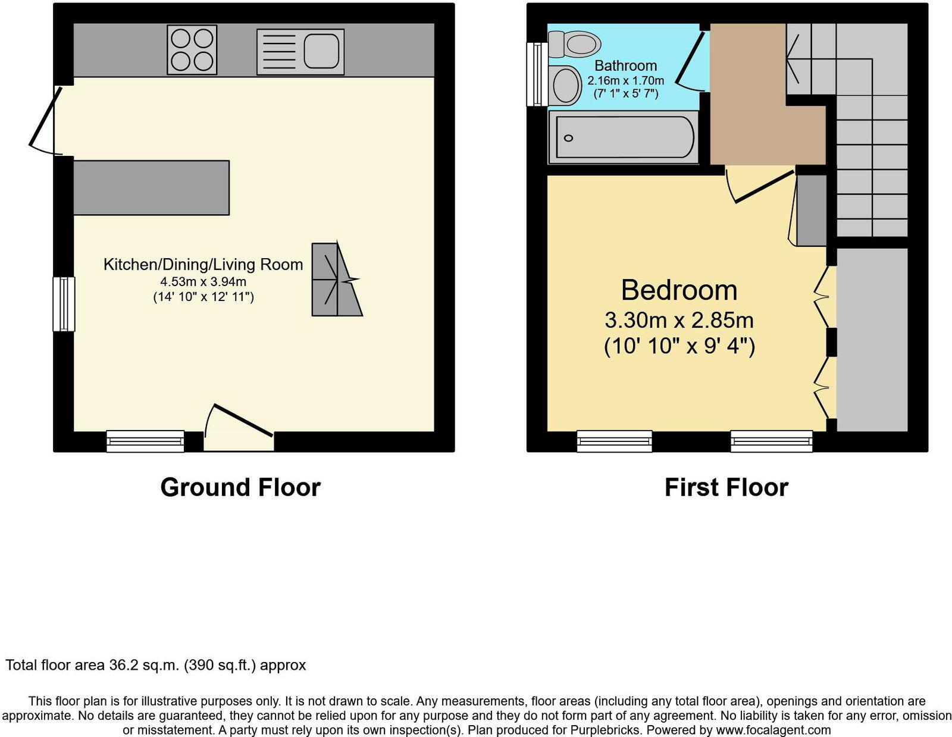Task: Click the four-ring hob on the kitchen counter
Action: pyautogui.click(x=192, y=49)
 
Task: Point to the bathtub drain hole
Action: pyautogui.click(x=568, y=138)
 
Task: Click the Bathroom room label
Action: pyautogui.click(x=625, y=65)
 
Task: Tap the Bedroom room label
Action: pyautogui.click(x=679, y=290)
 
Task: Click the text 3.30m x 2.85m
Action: pyautogui.click(x=679, y=321)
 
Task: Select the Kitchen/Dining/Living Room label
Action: pyautogui.click(x=203, y=265)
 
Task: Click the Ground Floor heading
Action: pyautogui.click(x=240, y=487)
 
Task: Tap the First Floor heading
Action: pyautogui.click(x=726, y=487)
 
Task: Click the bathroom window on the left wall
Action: pyautogui.click(x=537, y=74)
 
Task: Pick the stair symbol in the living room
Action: pyautogui.click(x=336, y=279)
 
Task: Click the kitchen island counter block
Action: pyautogui.click(x=151, y=187)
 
